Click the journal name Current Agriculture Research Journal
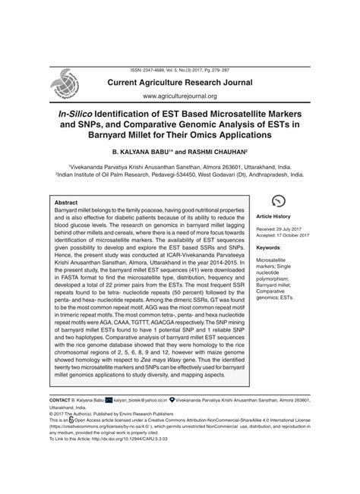tap(201, 80)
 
